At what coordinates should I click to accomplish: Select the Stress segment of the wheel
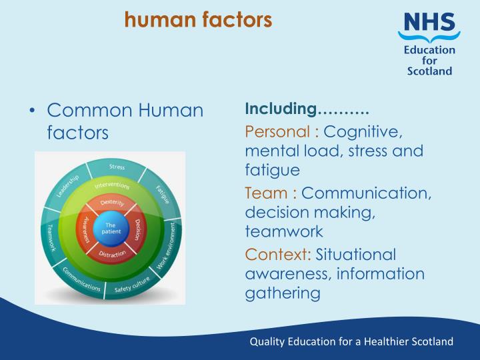coord(117,166)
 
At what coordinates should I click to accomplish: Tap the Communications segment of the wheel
coord(81,280)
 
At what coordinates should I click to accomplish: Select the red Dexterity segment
coord(112,203)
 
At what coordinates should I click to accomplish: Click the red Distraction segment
coord(112,254)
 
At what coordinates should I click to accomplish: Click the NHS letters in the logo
coord(428,26)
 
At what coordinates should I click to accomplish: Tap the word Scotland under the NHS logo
coord(429,71)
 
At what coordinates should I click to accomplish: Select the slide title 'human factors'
coord(198,21)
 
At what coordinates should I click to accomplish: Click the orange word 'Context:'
coord(278,254)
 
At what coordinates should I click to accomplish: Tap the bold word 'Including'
coord(280,108)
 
